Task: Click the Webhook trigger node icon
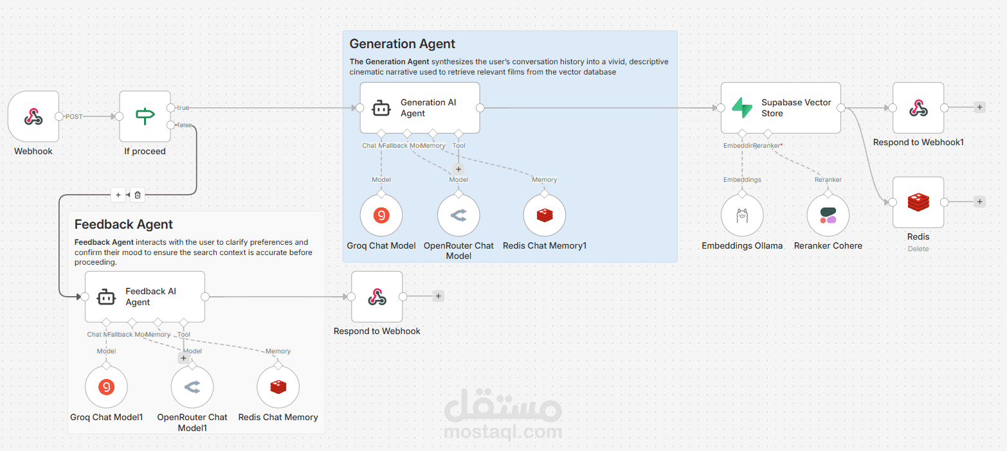pos(33,116)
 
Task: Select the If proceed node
pos(145,116)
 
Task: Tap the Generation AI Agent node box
pos(419,108)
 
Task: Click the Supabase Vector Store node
pos(780,108)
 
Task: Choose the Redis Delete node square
pos(918,202)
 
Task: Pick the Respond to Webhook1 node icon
pos(918,108)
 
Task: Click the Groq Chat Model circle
pos(381,216)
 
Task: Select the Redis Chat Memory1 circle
pos(545,216)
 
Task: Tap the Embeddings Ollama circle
pos(741,216)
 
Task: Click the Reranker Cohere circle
pos(828,216)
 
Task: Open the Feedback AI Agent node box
pos(145,297)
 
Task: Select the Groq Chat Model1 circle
pos(106,387)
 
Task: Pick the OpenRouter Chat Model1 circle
pos(192,387)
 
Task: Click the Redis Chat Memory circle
pos(278,387)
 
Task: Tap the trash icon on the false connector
pos(137,195)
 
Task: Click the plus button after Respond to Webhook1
pos(979,107)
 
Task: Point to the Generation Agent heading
pos(402,44)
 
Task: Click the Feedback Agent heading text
pos(123,224)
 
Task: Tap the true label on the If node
pos(183,108)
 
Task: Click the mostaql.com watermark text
pos(503,430)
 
